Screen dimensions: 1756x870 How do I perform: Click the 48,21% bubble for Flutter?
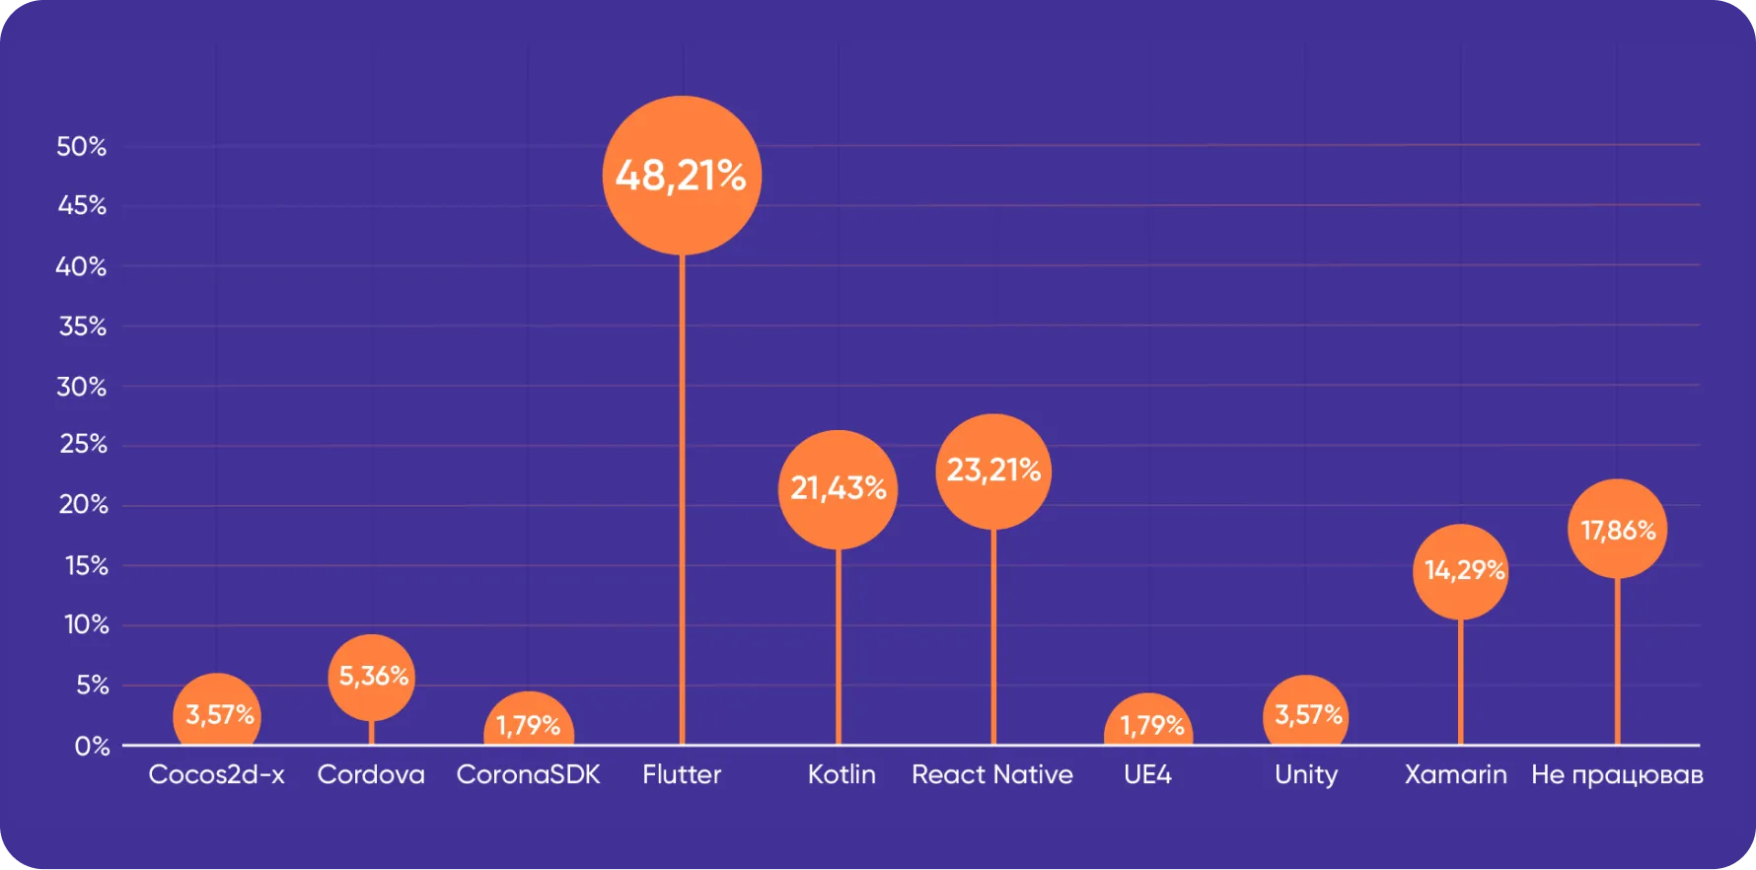tap(682, 176)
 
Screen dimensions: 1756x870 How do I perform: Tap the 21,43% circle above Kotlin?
tap(838, 489)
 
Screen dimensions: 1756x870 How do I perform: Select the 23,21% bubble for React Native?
tap(993, 471)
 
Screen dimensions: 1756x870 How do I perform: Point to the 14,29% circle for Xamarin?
tap(1460, 572)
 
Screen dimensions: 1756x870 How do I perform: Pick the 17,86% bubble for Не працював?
tap(1618, 529)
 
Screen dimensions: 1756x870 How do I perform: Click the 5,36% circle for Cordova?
tap(371, 678)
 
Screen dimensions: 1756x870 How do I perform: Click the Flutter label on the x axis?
tap(682, 774)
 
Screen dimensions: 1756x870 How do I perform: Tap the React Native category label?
tap(992, 774)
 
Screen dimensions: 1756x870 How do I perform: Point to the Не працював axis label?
tap(1618, 775)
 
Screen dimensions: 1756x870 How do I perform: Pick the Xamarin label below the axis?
tap(1456, 774)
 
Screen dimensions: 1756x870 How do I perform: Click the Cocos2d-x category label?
tap(216, 774)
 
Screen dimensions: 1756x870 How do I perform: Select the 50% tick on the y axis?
tap(82, 146)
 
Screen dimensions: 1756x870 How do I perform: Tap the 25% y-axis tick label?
tap(84, 444)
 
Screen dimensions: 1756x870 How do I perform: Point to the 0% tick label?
tap(93, 746)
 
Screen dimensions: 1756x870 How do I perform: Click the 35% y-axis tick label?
tap(83, 326)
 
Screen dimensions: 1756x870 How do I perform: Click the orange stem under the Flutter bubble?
tap(682, 499)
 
